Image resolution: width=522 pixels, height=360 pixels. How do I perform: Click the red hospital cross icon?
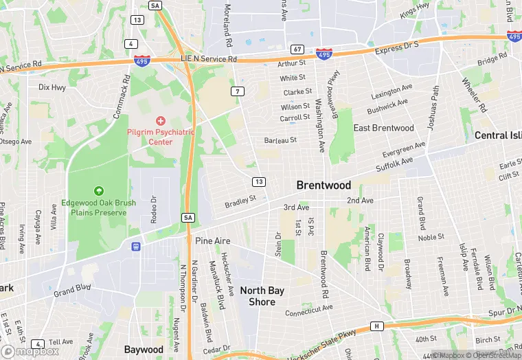161,120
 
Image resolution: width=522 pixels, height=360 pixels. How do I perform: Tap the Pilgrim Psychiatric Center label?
160,137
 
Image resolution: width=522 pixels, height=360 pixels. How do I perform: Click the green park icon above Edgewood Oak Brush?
100,190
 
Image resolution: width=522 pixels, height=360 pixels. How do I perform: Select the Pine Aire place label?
212,241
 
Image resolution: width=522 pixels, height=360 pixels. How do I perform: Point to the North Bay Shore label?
262,296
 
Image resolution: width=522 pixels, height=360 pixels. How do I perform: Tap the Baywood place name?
144,349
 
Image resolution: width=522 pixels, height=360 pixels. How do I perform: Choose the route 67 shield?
297,49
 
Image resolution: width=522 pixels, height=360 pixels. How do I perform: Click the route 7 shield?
238,91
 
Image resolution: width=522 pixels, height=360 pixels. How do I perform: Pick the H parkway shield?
376,326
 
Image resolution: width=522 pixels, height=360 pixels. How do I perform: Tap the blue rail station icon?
137,245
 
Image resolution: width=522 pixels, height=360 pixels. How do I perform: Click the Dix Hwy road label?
52,87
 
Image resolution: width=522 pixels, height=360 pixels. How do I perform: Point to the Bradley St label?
240,201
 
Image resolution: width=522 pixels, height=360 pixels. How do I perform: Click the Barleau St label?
280,140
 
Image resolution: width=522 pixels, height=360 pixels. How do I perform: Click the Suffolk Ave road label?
394,164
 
